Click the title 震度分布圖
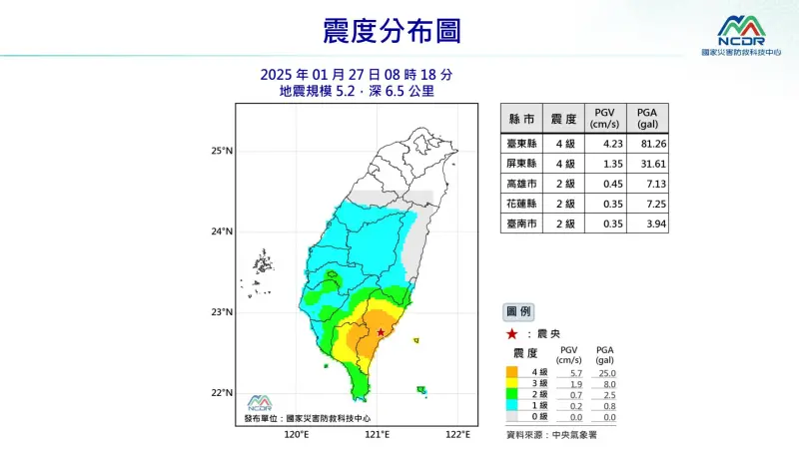392,31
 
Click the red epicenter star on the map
381,332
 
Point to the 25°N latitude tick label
222,152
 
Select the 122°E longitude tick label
457,435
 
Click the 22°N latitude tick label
222,393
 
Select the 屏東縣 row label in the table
521,164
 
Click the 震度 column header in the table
563,119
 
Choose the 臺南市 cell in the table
521,224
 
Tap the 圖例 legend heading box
519,311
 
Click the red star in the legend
511,333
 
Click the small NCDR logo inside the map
259,402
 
